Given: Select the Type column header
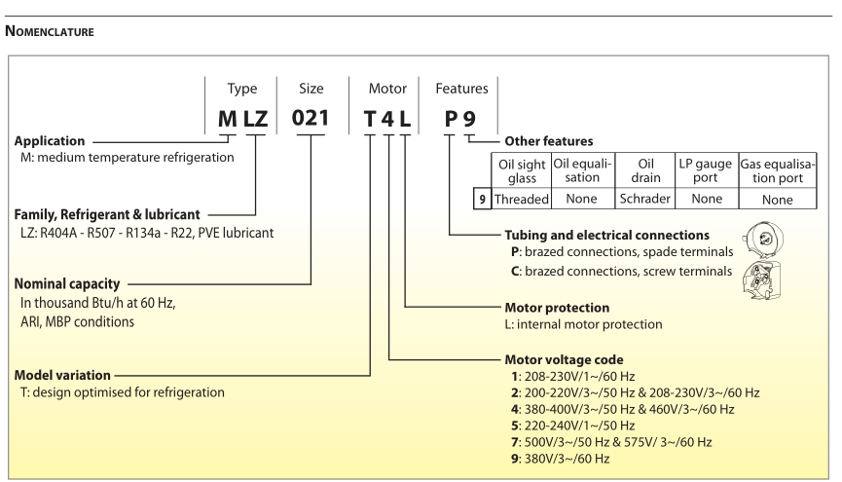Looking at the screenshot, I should click(x=241, y=89).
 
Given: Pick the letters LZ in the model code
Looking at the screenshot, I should click(x=254, y=120).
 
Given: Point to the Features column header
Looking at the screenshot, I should click(x=461, y=89).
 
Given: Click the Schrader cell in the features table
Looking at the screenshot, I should click(x=644, y=199).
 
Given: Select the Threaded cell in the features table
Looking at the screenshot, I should click(x=522, y=199).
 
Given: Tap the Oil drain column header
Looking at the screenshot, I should click(x=644, y=170).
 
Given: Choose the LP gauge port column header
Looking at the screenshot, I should click(x=706, y=170).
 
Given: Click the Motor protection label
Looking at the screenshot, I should click(x=557, y=307).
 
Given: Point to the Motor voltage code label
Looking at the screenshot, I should click(x=564, y=359).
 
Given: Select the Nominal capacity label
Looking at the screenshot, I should click(x=66, y=284).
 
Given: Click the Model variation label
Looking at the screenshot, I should click(x=62, y=375).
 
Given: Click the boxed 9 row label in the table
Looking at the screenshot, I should click(x=480, y=199).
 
